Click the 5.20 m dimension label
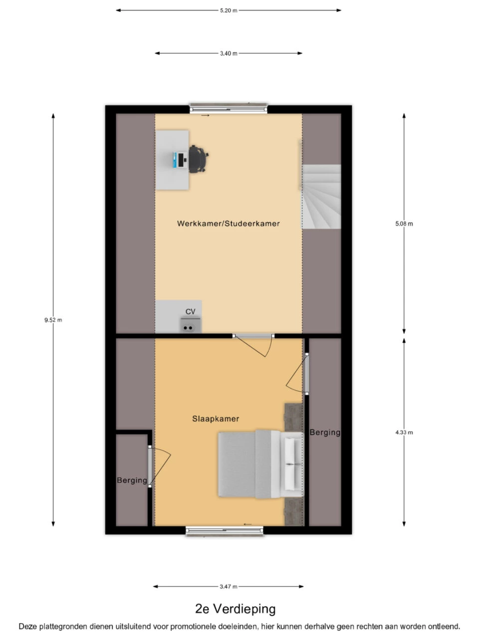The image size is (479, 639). coord(229,10)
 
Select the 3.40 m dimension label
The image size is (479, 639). coord(229,53)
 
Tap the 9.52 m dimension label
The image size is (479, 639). coord(53,320)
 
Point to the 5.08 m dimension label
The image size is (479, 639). coord(404,224)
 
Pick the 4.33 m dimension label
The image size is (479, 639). coord(404,432)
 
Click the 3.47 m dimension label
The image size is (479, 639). coord(229,587)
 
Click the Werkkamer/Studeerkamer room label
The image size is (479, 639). coord(229,224)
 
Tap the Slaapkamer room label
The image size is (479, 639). coord(216,419)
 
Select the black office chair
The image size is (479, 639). coord(198,159)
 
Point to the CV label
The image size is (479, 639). coord(190,312)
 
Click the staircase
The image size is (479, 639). coord(322,197)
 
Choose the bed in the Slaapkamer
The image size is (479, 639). coord(260,464)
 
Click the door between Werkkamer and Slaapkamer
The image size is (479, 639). coord(253,345)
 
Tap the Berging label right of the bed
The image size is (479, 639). coord(325,433)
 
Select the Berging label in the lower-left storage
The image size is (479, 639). coord(132,480)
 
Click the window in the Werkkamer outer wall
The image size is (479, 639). coord(229,108)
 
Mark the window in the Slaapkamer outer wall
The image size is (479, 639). coord(225,531)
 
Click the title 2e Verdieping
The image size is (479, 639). coord(236,609)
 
